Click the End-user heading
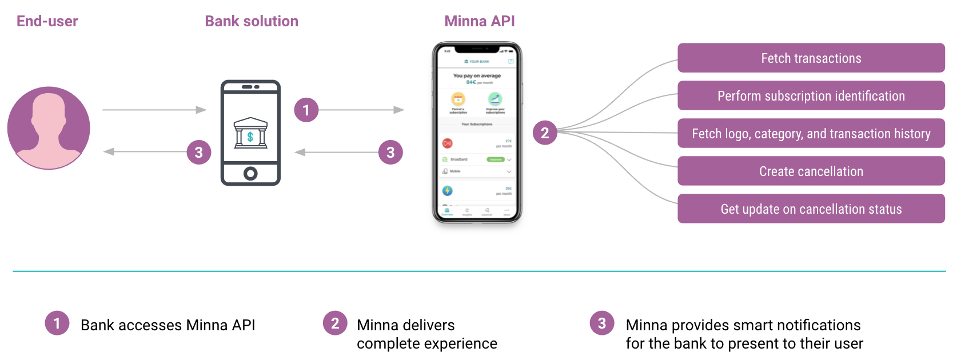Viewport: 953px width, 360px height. coord(47,21)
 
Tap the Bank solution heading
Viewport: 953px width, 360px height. coord(252,21)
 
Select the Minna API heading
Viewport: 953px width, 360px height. coord(480,21)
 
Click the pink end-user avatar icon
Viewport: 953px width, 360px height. coord(49,128)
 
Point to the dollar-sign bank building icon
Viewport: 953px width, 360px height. coord(250,134)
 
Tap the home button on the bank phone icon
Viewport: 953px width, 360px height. coord(250,173)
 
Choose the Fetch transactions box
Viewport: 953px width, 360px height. coord(811,58)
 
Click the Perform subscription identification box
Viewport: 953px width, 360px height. coord(811,95)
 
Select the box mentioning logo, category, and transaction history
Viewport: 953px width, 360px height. coord(811,133)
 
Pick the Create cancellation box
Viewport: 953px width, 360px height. coord(811,171)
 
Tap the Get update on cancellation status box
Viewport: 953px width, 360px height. coord(811,209)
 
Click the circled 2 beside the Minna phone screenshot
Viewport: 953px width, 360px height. coord(545,133)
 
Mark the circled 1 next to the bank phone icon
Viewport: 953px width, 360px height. coord(306,110)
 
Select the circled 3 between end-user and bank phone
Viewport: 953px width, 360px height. coord(199,152)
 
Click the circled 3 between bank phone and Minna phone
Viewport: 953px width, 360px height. coord(390,152)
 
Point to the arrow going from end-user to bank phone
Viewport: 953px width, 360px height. coord(154,110)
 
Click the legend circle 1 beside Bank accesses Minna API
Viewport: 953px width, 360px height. coord(57,323)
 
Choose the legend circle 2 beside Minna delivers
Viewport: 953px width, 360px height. coord(335,323)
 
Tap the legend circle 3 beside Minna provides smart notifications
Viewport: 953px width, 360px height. coord(602,323)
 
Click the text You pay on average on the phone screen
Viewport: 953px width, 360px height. coord(477,75)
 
